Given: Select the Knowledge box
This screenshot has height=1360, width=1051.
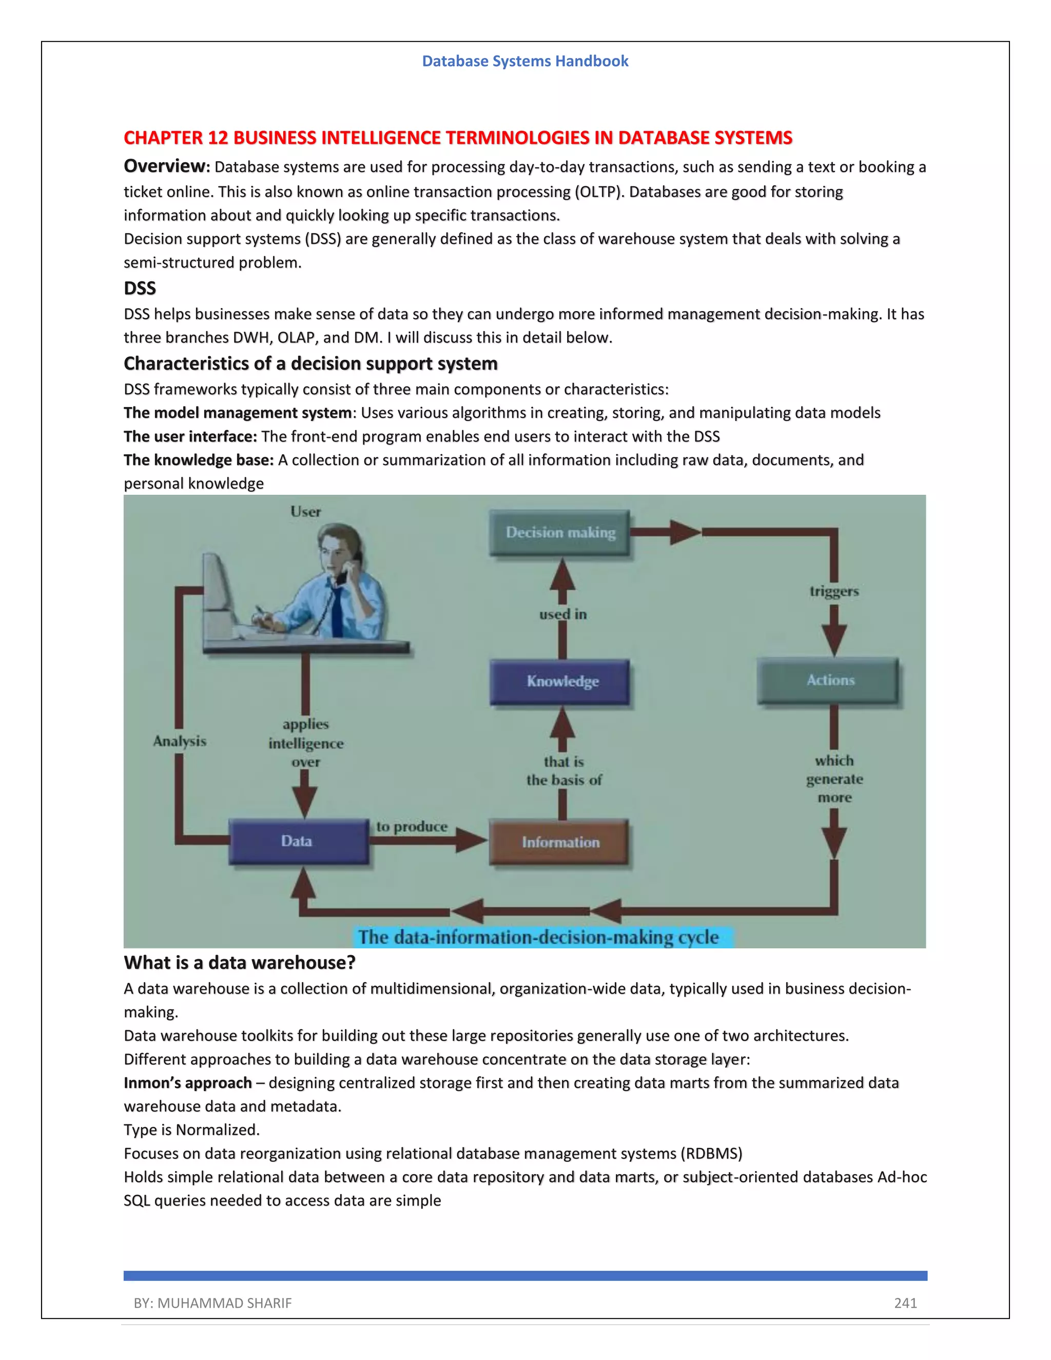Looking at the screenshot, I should (560, 681).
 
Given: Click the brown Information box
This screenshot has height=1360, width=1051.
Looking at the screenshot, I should (559, 842).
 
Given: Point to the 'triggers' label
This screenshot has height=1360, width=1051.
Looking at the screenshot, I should (834, 591).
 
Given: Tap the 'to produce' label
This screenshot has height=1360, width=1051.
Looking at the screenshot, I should (412, 827).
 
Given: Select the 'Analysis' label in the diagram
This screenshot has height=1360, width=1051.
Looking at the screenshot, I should (179, 741).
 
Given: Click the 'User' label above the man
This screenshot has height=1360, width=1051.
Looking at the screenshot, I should (306, 512).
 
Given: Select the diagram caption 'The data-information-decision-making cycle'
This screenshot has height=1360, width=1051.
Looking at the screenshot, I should (538, 937).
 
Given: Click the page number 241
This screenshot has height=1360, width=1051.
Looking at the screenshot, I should (905, 1304).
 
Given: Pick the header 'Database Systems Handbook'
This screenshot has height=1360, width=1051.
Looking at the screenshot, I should (525, 61).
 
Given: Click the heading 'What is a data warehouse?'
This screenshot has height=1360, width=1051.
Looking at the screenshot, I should (240, 963).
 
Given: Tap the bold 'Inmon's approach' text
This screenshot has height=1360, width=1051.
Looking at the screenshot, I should (187, 1083).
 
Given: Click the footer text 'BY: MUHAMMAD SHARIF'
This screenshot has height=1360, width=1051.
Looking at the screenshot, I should (212, 1304).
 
